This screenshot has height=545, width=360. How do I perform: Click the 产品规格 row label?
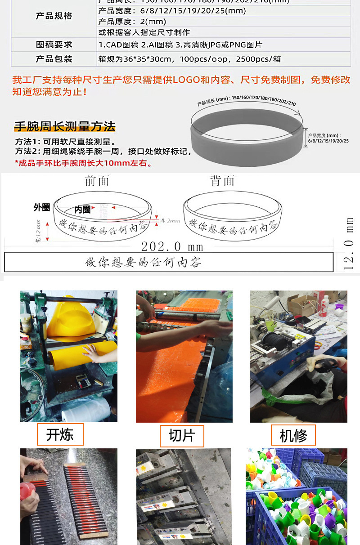(x=54, y=16)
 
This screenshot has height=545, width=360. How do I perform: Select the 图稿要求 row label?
(x=54, y=45)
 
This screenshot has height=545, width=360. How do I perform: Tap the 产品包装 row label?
(x=54, y=59)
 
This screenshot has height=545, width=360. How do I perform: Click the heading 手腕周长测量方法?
(x=65, y=126)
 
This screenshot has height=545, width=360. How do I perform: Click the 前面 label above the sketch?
(x=97, y=181)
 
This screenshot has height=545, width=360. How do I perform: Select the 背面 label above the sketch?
(x=222, y=181)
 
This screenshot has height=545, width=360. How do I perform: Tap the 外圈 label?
(x=41, y=207)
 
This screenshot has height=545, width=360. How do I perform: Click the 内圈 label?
(x=82, y=210)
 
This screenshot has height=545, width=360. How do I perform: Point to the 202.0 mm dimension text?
(x=172, y=247)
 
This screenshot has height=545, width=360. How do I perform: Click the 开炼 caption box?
(x=60, y=435)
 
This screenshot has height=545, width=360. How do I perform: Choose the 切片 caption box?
(x=182, y=436)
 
